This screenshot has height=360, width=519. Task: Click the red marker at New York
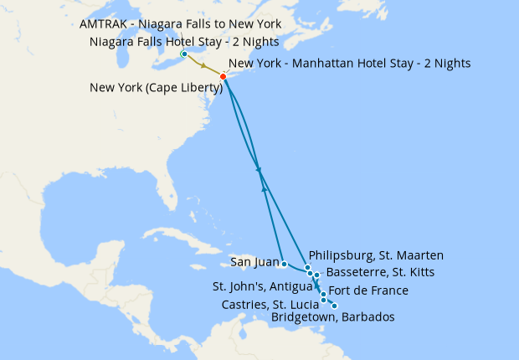point(223,77)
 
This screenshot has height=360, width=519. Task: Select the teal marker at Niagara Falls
point(183,54)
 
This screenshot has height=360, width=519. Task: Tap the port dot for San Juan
point(285,264)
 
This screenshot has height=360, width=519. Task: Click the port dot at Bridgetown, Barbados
point(335,306)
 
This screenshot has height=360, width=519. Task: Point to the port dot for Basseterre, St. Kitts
point(316,275)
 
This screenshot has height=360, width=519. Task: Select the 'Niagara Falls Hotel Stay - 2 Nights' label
point(183,41)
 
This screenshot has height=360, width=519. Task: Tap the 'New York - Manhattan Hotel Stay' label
point(349,63)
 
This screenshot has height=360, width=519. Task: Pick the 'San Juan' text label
point(253,262)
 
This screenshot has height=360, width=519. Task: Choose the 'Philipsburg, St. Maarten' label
point(376,255)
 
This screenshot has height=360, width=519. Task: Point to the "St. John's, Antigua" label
point(262,286)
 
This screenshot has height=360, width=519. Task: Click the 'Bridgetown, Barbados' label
point(333,317)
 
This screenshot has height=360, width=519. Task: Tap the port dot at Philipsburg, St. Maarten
point(308,267)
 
